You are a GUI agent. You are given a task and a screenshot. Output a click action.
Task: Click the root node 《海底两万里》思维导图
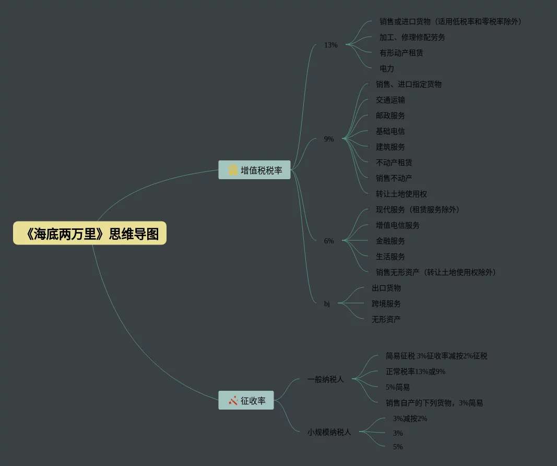[x=90, y=234]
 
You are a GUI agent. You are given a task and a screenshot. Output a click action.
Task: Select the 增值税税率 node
[x=254, y=170]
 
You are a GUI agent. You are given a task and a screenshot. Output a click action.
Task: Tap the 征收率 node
[x=246, y=401]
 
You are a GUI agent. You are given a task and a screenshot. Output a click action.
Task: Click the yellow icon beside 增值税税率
[x=233, y=170]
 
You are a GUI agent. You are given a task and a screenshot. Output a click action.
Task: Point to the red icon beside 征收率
[x=233, y=401]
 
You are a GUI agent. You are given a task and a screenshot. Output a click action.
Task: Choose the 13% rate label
[x=330, y=45]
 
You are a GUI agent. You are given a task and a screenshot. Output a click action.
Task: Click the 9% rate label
[x=329, y=139]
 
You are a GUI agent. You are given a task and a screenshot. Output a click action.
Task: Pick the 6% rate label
[x=329, y=241]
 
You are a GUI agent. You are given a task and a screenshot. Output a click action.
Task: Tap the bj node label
[x=327, y=304]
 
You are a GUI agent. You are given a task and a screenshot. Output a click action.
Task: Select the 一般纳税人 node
[x=326, y=379]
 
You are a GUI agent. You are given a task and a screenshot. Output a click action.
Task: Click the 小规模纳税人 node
[x=329, y=432]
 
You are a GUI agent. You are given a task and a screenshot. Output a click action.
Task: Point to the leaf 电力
[x=387, y=68]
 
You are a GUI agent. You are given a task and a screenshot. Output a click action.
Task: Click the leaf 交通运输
[x=390, y=100]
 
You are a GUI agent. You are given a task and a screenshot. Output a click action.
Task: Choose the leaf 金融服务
[x=390, y=241]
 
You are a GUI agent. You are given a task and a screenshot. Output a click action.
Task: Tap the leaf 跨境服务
[x=386, y=304]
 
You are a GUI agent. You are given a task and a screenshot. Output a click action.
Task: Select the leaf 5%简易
[x=398, y=387]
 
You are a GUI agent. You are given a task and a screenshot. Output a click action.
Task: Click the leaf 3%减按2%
[x=410, y=418]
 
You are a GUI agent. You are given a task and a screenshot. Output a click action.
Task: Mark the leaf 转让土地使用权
[x=401, y=194]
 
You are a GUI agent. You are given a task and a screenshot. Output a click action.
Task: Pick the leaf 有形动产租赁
[x=401, y=53]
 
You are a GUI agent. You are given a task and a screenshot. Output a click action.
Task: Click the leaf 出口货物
[x=386, y=288]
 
